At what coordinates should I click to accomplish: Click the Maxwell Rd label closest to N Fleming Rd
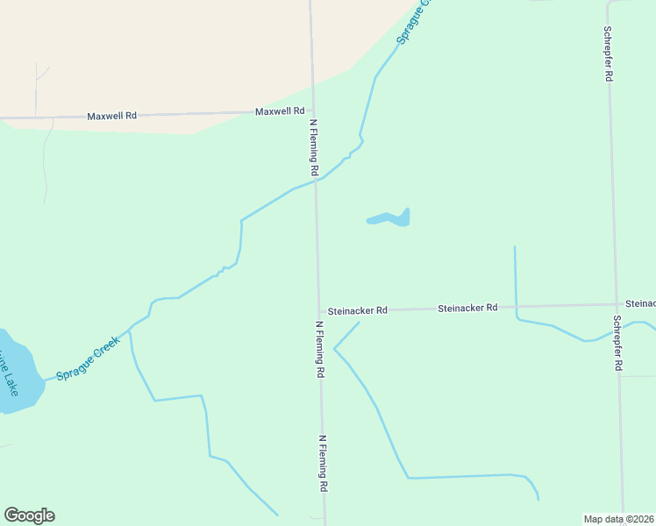click(x=280, y=112)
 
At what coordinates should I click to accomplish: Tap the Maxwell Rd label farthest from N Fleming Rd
click(x=112, y=116)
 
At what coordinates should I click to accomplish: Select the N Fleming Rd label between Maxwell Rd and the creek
click(x=313, y=146)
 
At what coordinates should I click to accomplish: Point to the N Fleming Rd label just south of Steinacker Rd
click(x=320, y=349)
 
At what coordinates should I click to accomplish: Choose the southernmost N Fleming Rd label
click(x=324, y=463)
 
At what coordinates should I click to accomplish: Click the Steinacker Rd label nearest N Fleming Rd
click(x=358, y=310)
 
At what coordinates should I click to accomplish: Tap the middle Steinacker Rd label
click(x=467, y=308)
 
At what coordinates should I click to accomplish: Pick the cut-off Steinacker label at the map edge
click(x=640, y=303)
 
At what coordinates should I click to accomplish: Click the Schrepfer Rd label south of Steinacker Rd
click(x=617, y=343)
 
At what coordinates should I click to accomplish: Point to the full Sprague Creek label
click(x=87, y=359)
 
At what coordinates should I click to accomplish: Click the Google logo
click(x=29, y=515)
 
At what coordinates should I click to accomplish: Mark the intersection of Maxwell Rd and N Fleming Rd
click(x=312, y=111)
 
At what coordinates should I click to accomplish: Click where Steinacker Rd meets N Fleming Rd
click(x=318, y=310)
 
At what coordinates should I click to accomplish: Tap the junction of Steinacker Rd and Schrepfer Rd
click(x=616, y=305)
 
